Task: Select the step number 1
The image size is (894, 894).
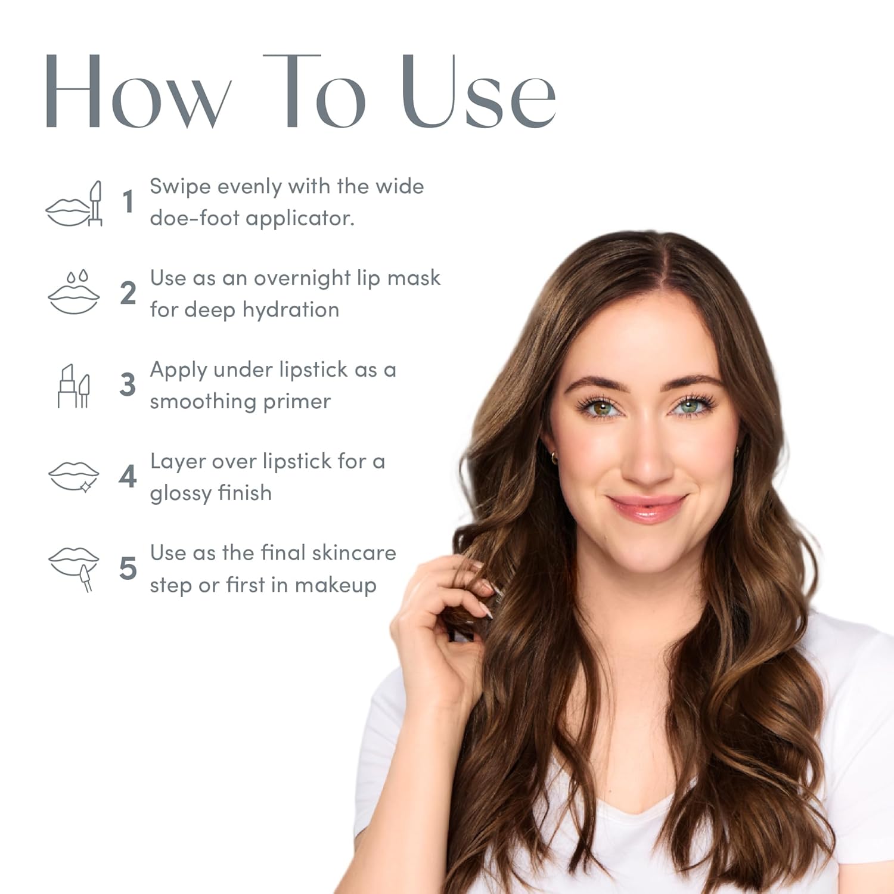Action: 128,201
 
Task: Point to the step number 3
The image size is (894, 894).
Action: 128,384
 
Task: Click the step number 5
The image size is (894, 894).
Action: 128,568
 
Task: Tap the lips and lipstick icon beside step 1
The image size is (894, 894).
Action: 74,204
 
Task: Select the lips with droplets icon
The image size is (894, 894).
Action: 74,292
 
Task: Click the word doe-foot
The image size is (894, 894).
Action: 194,218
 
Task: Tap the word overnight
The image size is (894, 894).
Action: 302,279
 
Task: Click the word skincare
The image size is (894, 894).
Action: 353,553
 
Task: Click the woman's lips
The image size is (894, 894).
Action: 647,508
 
